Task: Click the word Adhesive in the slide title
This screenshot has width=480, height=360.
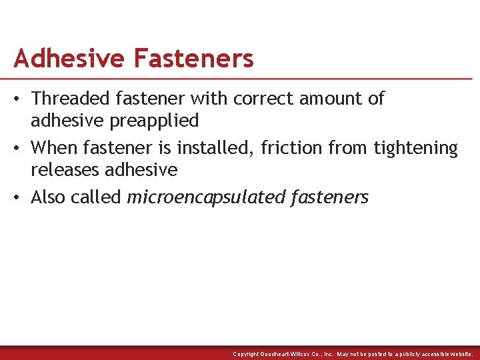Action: point(69,59)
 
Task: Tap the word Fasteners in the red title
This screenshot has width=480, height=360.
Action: point(193,59)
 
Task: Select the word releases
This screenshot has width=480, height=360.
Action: point(64,169)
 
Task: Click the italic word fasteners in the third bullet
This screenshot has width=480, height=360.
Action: point(331,197)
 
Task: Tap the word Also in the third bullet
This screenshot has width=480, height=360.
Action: point(51,197)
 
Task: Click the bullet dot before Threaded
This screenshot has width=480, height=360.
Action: point(19,99)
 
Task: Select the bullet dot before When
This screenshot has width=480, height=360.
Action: point(19,147)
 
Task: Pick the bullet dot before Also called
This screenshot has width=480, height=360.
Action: point(19,197)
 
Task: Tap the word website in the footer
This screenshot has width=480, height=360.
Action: point(460,354)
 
